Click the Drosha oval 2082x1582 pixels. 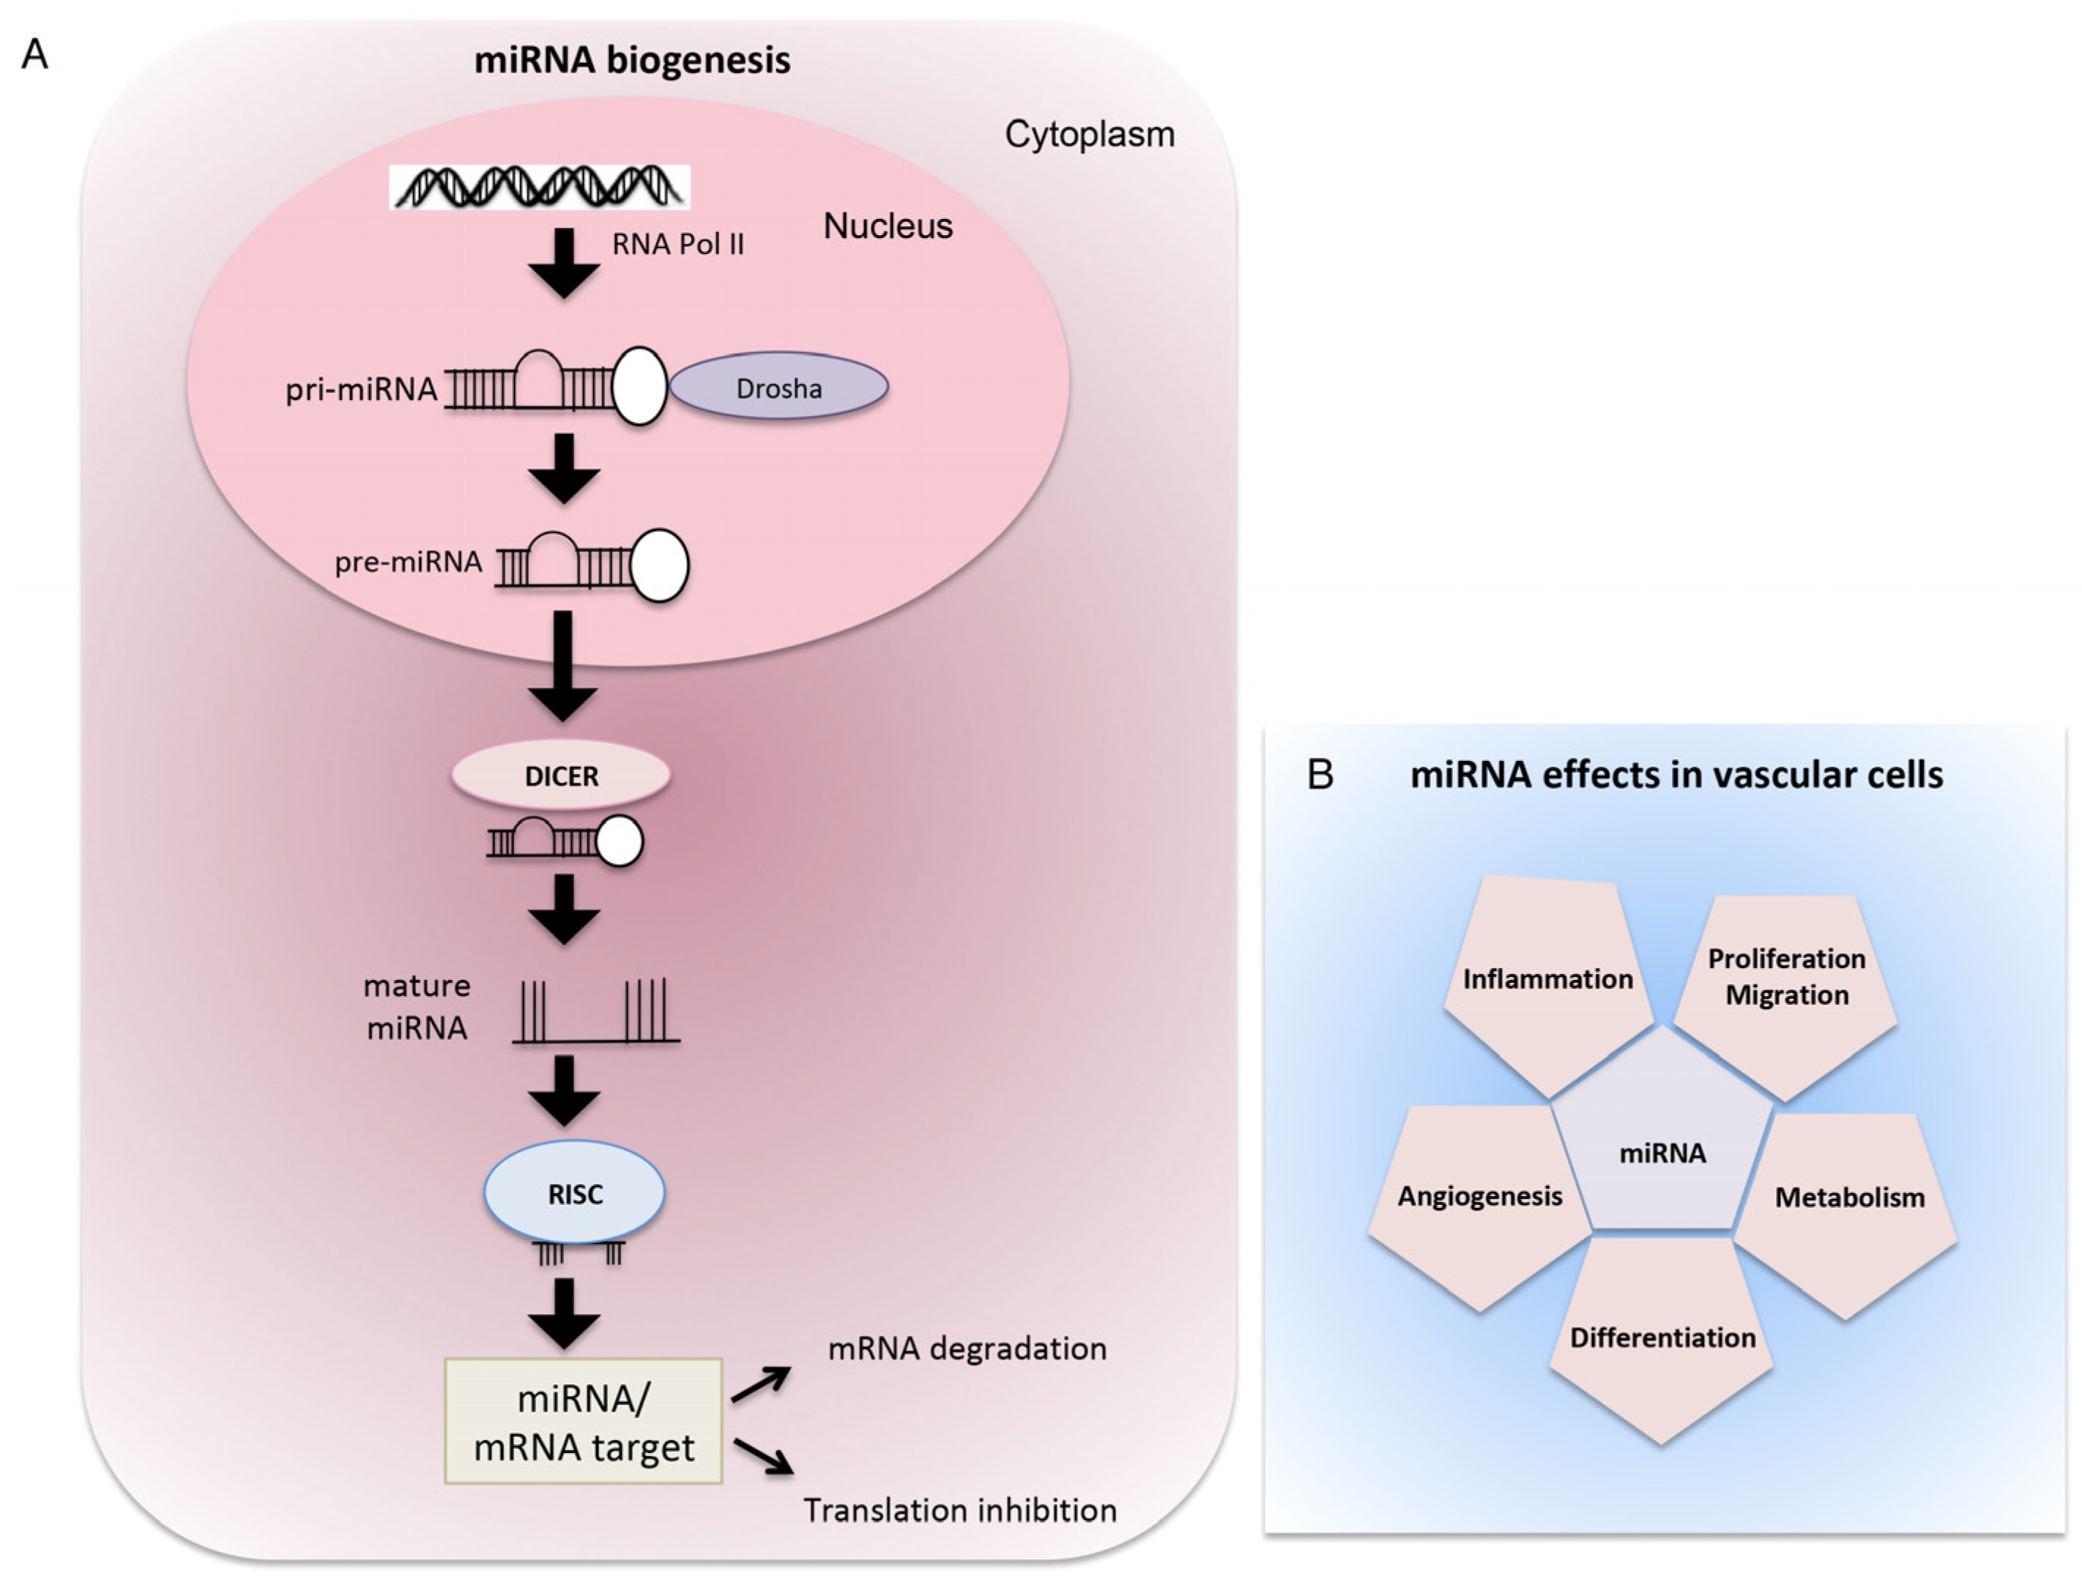point(778,386)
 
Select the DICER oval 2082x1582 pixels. point(561,775)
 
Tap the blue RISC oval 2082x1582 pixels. point(574,1192)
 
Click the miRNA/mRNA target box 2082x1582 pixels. point(583,1421)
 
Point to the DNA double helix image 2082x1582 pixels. point(540,187)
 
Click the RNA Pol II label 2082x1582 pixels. point(678,244)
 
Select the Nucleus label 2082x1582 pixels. point(888,226)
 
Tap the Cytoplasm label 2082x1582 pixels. point(1090,135)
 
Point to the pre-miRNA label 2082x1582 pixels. point(409,562)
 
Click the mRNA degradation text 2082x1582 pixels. point(967,1348)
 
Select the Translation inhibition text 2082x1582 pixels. point(959,1510)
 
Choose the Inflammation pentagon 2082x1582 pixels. point(1547,984)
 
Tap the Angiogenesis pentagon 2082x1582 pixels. point(1479,1206)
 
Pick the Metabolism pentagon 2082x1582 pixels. point(1848,1210)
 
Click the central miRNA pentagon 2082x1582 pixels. point(1662,1134)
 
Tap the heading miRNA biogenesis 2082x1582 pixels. point(632,60)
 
